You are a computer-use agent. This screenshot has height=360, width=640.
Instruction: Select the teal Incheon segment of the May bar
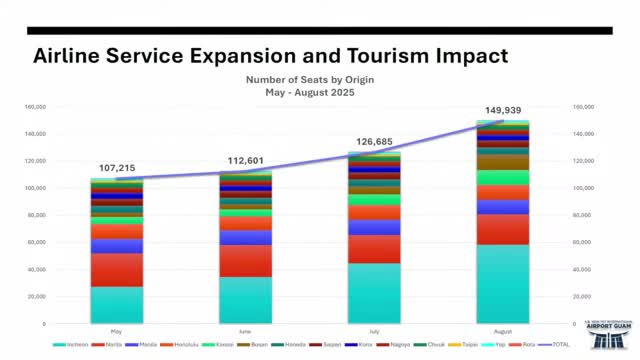[x=117, y=305]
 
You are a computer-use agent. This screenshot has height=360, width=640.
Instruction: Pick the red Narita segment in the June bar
[x=246, y=261]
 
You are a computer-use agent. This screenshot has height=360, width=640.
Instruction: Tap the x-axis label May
[x=117, y=330]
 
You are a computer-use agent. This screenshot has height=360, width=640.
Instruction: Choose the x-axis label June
[x=246, y=330]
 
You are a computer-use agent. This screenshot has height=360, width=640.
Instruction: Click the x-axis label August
[x=503, y=330]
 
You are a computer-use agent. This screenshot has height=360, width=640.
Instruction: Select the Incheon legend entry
[x=72, y=345]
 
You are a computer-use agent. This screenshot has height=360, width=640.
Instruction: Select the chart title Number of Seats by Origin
[x=309, y=80]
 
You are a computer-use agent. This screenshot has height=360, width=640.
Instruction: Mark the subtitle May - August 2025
[x=309, y=92]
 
